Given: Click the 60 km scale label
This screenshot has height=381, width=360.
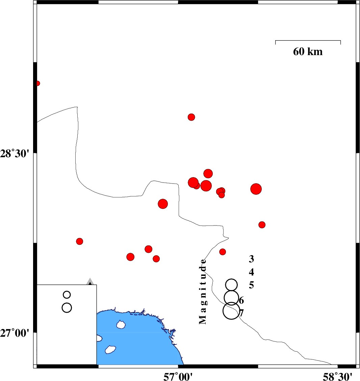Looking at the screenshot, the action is [x=308, y=51].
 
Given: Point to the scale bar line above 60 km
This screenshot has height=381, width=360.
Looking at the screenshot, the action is [x=308, y=41].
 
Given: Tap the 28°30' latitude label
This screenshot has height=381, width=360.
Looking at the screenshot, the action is [x=15, y=153].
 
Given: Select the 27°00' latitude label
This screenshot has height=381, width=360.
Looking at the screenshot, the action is [x=15, y=333].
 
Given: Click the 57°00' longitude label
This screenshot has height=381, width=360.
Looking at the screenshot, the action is [x=178, y=377].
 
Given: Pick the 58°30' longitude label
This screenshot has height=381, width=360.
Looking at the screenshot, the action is [x=337, y=377].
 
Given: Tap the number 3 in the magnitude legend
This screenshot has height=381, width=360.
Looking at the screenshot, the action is [x=251, y=259].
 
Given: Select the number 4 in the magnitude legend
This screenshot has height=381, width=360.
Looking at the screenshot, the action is [x=251, y=272].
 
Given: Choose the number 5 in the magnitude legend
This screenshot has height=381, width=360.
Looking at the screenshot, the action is [x=251, y=285].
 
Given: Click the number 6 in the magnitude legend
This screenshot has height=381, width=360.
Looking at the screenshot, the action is [x=241, y=300].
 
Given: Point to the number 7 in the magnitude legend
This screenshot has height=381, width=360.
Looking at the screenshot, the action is [x=241, y=313].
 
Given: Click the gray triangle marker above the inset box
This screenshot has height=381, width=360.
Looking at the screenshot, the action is [x=90, y=281].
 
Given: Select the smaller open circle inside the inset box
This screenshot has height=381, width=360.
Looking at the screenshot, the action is [x=67, y=295].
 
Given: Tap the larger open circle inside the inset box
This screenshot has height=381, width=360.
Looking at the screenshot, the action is [x=67, y=308].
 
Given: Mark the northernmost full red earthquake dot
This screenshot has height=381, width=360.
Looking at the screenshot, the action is [x=191, y=117].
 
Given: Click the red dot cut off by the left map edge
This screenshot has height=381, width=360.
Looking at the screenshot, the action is [x=37, y=84].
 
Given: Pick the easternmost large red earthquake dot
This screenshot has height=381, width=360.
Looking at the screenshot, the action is [x=256, y=189].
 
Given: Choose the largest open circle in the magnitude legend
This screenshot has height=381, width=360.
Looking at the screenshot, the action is [x=231, y=311].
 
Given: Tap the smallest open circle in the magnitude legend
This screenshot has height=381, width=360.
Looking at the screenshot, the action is [x=231, y=285].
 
